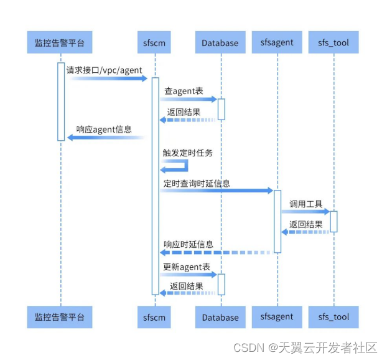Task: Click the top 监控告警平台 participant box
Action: click(x=60, y=43)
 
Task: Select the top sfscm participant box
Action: click(x=154, y=43)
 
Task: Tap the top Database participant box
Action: click(x=220, y=43)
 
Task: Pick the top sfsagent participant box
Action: click(x=277, y=43)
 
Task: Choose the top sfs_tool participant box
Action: click(x=333, y=43)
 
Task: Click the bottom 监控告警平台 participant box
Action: click(x=60, y=317)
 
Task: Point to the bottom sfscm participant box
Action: click(x=154, y=317)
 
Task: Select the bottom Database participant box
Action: click(x=220, y=317)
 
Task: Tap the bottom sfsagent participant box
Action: click(x=277, y=317)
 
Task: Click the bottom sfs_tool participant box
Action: click(x=333, y=317)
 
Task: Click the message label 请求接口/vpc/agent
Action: click(x=104, y=70)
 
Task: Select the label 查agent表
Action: click(x=184, y=91)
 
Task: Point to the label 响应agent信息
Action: click(x=104, y=130)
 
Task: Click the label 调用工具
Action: click(x=305, y=204)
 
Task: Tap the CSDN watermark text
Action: click(x=305, y=347)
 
